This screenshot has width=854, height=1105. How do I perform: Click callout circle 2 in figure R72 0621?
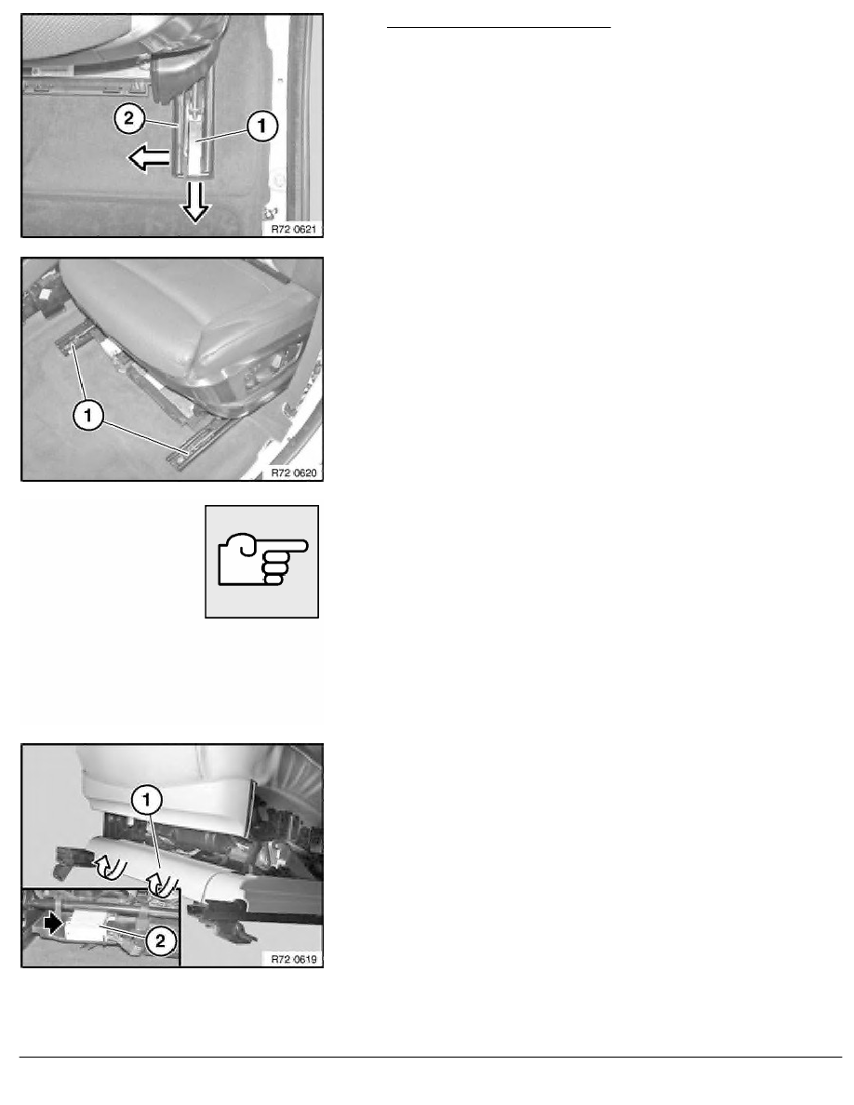[x=129, y=118]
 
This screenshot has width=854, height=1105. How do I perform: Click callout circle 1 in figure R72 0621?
[x=262, y=126]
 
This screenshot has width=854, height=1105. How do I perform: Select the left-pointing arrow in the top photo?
[x=149, y=158]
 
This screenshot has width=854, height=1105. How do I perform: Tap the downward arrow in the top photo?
[x=195, y=202]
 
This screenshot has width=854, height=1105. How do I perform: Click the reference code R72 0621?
[x=294, y=229]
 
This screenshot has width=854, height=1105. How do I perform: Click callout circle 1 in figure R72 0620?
[x=88, y=415]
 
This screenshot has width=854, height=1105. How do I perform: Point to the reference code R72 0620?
[x=294, y=473]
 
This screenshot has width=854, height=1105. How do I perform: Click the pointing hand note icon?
[x=262, y=562]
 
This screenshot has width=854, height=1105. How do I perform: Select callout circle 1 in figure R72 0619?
[x=147, y=800]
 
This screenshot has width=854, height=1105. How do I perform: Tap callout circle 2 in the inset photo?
[x=161, y=940]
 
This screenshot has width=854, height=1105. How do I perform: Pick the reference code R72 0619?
[x=294, y=959]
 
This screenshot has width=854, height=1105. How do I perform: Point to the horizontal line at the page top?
[x=499, y=28]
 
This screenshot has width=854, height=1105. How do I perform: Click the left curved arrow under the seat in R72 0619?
[x=111, y=866]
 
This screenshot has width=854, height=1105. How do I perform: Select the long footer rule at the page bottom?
[x=431, y=1057]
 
